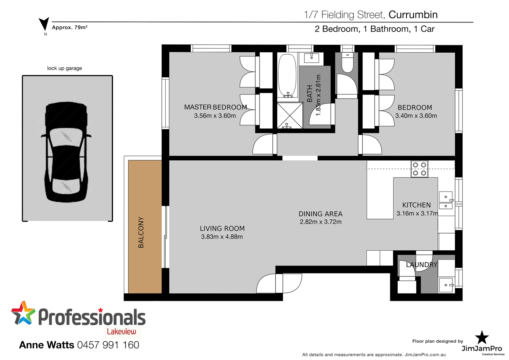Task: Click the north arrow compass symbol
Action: coord(44,24)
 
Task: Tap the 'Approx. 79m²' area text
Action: coord(70,28)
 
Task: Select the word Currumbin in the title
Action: coord(413,15)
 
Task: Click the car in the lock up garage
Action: coord(67,152)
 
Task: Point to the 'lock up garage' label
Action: coord(64,68)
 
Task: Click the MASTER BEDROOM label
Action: coord(215,107)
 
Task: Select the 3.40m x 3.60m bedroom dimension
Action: coord(416,116)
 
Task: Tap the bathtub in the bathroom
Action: coord(287,75)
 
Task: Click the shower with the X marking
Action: coord(290,115)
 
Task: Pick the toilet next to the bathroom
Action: coord(347,63)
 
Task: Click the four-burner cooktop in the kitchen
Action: coord(419,169)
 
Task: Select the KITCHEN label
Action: coord(416,205)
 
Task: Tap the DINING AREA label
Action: coord(321,214)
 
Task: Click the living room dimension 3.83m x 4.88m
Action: coord(222,237)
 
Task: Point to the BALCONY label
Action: coord(141,232)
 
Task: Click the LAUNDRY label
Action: coord(421,265)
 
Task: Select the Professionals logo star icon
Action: coord(23,313)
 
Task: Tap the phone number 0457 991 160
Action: coord(108,345)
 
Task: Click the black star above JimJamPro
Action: coord(482,338)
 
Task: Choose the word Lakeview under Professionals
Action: coord(121,331)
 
